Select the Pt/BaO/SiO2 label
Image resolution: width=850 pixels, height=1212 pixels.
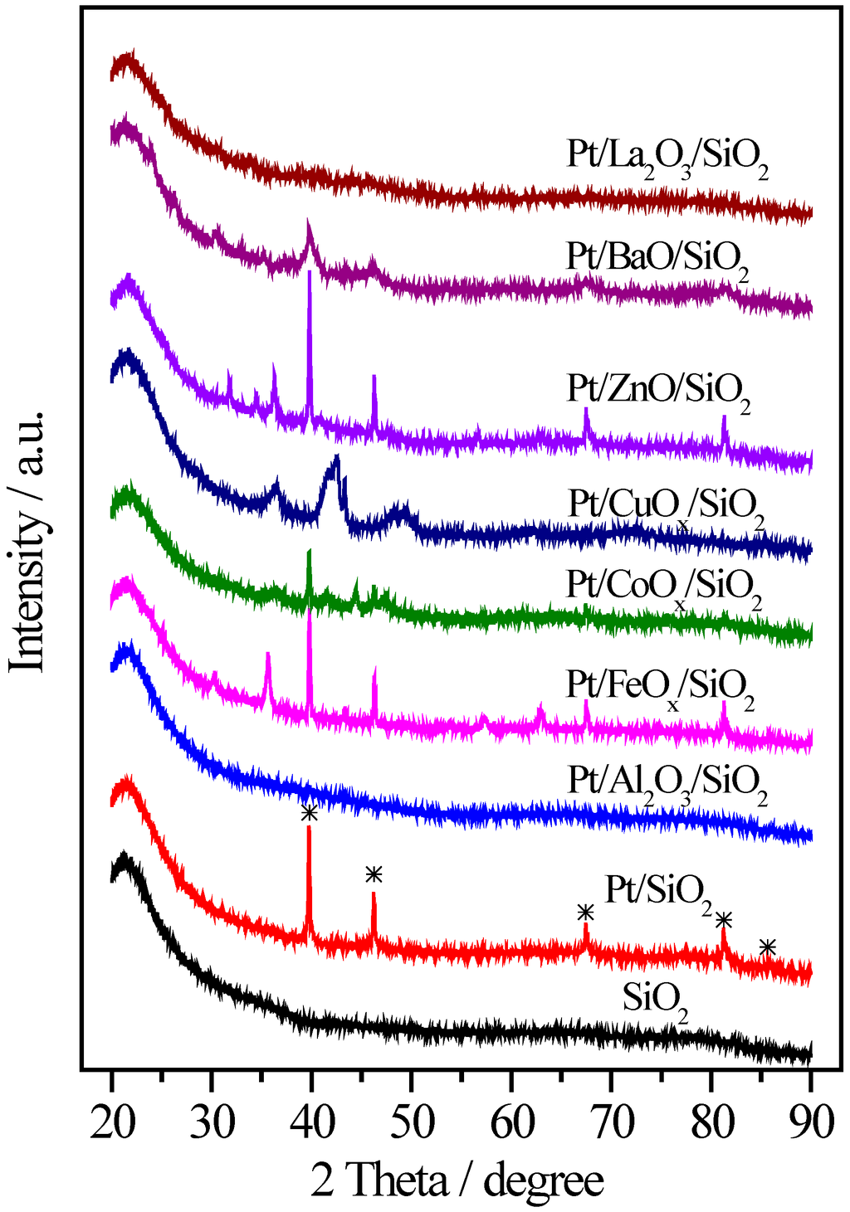[658, 256]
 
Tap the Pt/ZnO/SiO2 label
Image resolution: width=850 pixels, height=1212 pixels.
[659, 389]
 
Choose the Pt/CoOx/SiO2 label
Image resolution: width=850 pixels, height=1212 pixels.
[664, 586]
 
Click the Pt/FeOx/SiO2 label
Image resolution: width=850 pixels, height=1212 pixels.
[661, 687]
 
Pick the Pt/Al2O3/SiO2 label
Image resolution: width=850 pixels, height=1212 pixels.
[667, 782]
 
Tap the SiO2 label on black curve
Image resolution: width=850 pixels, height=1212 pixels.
[656, 998]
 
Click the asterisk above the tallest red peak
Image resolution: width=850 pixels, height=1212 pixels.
[309, 813]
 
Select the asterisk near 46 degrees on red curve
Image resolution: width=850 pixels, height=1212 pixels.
[374, 874]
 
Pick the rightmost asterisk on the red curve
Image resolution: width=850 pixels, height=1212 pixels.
[768, 947]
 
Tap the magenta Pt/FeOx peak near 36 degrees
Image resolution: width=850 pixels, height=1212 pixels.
[267, 664]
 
